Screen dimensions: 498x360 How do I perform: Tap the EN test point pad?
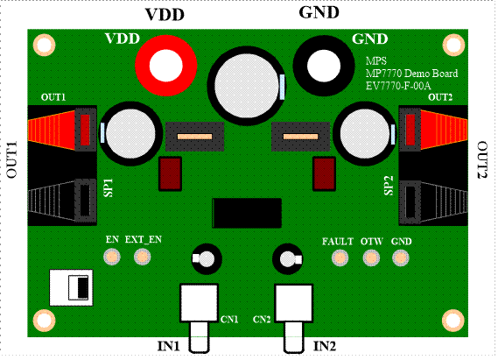pyautogui.click(x=112, y=257)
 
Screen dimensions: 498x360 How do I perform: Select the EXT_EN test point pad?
pyautogui.click(x=143, y=257)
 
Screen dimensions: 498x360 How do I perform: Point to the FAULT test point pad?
pyautogui.click(x=340, y=258)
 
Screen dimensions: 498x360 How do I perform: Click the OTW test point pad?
pyautogui.click(x=371, y=258)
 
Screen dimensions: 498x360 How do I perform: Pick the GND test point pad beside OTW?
pyautogui.click(x=401, y=258)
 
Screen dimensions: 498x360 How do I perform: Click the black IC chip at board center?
pyautogui.click(x=247, y=213)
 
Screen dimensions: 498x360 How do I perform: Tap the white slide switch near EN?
pyautogui.click(x=71, y=287)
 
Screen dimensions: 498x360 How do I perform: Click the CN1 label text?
pyautogui.click(x=229, y=320)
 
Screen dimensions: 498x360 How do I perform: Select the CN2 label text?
pyautogui.click(x=262, y=320)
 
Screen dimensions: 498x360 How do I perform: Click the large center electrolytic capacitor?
pyautogui.click(x=247, y=86)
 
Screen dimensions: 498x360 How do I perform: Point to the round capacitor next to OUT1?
pyautogui.click(x=131, y=133)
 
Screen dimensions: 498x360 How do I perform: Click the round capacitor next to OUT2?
pyautogui.click(x=365, y=133)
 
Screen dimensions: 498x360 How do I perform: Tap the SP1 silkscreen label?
pyautogui.click(x=109, y=187)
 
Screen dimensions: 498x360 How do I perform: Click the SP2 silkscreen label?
pyautogui.click(x=389, y=186)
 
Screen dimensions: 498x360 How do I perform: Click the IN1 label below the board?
pyautogui.click(x=168, y=346)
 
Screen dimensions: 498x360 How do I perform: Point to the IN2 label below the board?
pyautogui.click(x=325, y=346)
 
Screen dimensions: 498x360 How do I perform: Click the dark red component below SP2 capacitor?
pyautogui.click(x=324, y=173)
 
